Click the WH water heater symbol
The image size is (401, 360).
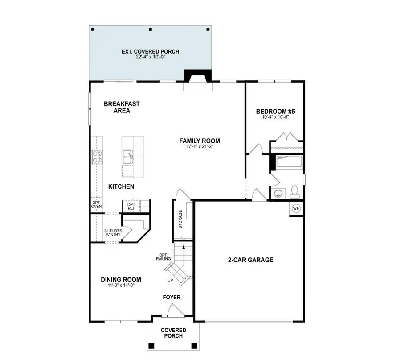[x=296, y=208]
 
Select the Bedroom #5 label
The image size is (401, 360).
[x=273, y=112]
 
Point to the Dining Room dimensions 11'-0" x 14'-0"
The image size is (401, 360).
[x=121, y=286]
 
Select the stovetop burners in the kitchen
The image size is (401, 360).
[x=97, y=156]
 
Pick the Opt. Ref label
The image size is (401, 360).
[x=131, y=206]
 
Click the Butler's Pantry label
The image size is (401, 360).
[x=113, y=233]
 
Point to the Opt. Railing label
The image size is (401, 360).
[x=162, y=258]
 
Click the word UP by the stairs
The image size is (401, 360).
[x=170, y=281]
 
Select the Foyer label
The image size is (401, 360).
[x=171, y=297]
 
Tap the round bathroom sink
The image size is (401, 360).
[x=279, y=194]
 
